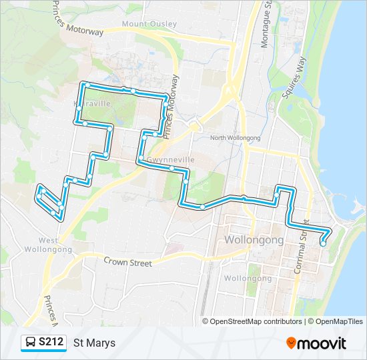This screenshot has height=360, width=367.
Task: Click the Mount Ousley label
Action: (x=149, y=24)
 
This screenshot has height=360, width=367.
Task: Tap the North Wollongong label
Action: (x=235, y=137)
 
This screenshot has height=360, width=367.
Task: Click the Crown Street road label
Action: (x=127, y=263)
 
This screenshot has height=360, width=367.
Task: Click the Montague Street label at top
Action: (x=266, y=23)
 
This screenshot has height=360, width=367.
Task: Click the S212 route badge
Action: (x=51, y=343)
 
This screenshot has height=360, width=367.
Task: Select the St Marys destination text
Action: (x=94, y=343)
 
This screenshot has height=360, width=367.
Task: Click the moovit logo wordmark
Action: (x=323, y=343)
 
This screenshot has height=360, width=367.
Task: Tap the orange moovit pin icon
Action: (x=291, y=343)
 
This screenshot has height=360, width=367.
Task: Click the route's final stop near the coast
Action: (x=323, y=243)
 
